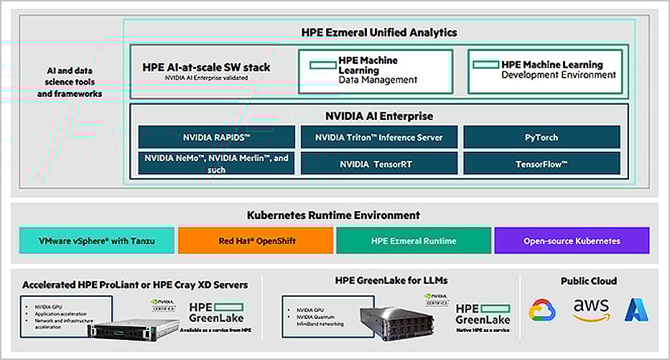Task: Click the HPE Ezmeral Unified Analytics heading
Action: point(378,32)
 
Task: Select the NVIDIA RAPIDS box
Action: point(216,137)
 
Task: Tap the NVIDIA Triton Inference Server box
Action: point(378,137)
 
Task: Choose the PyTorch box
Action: point(541,137)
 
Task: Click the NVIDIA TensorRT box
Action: point(378,164)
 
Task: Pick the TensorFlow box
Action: point(541,164)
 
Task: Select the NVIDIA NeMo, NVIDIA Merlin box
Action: point(216,164)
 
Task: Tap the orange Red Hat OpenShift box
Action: point(256,241)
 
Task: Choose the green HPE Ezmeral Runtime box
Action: point(414,241)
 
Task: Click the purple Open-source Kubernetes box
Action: point(572,241)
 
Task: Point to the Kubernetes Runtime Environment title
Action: point(333,216)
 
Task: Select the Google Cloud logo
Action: point(542,310)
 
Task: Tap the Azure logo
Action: point(636,310)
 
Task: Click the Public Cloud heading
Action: point(588,281)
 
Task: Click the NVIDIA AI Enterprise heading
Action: point(378,116)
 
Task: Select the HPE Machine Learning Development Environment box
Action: point(548,70)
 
